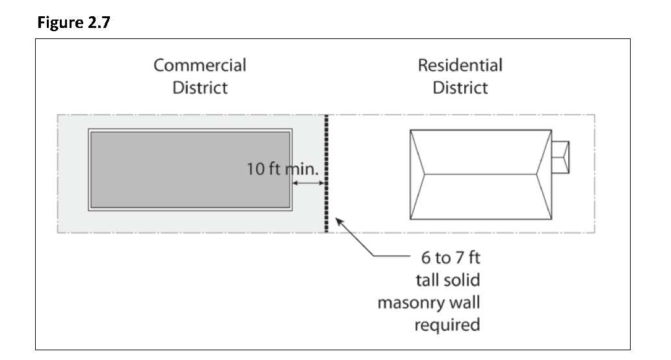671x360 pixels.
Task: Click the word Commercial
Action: click(200, 66)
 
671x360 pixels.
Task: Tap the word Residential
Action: click(460, 66)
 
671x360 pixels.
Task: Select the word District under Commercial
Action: click(200, 88)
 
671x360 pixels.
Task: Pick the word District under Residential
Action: click(460, 88)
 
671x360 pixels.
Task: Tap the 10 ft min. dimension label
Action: click(282, 170)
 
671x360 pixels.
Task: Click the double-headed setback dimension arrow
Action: click(308, 184)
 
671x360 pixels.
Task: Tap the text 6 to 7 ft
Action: click(451, 259)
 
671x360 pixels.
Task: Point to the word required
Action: click(447, 324)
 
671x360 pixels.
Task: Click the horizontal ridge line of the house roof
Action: click(480, 174)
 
